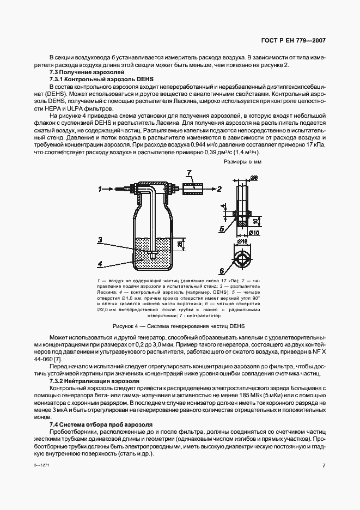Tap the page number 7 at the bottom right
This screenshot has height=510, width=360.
(x=324, y=466)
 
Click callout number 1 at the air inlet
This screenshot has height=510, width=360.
(x=100, y=189)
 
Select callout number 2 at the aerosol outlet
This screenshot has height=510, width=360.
(x=219, y=189)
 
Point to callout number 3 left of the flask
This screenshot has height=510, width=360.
(x=100, y=239)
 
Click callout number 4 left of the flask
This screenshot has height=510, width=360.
(x=100, y=264)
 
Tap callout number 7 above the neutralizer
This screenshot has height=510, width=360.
(x=188, y=173)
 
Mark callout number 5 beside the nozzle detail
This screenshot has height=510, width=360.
(x=222, y=229)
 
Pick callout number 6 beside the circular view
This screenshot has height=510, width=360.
(x=222, y=270)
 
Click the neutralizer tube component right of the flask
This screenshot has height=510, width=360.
(x=192, y=189)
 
